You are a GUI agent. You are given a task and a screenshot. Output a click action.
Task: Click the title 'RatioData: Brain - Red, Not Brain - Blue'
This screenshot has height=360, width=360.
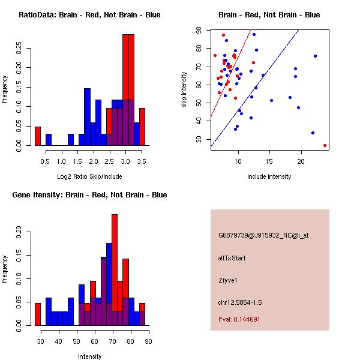tap(89, 15)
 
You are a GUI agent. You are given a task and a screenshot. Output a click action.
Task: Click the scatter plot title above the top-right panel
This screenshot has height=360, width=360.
tap(269, 15)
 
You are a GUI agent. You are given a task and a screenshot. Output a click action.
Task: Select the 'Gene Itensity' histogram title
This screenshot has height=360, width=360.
tap(89, 195)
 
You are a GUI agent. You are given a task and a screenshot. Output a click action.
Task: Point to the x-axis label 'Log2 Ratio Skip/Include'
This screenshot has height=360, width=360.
tap(89, 176)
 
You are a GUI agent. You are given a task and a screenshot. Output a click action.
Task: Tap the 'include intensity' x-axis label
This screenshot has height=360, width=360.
tap(269, 176)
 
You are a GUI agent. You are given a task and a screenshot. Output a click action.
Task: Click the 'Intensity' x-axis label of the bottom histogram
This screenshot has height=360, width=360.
tap(89, 356)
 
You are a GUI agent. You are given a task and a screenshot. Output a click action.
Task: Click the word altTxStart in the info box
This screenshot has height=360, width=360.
tap(232, 258)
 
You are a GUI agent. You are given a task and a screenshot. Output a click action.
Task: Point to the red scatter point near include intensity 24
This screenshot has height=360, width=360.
tap(325, 145)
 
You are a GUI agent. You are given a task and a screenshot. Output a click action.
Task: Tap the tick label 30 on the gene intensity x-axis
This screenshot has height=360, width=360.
tap(41, 341)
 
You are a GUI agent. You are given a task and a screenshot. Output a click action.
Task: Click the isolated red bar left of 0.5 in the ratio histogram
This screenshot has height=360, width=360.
tap(38, 136)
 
